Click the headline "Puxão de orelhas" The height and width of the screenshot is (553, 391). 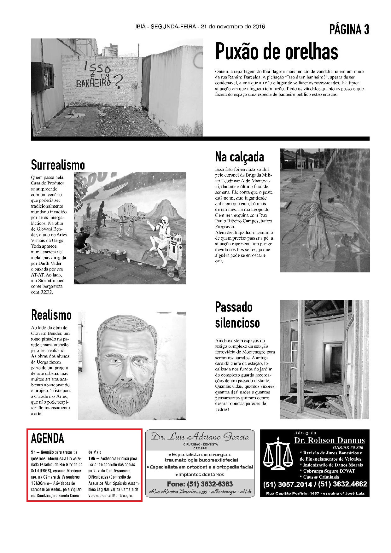[x=277, y=52]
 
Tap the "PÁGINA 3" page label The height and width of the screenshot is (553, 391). [x=349, y=30]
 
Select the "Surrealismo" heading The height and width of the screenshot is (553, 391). [x=58, y=165]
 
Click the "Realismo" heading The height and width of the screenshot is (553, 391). [x=51, y=315]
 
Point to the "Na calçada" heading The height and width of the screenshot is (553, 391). [x=239, y=157]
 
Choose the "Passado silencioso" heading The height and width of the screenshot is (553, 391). [x=237, y=315]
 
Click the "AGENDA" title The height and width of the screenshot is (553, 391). [x=47, y=438]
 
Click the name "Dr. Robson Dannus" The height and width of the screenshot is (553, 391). [x=330, y=440]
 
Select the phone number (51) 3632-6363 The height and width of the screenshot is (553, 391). [x=200, y=484]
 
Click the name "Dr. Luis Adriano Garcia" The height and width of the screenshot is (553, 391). [x=200, y=437]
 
